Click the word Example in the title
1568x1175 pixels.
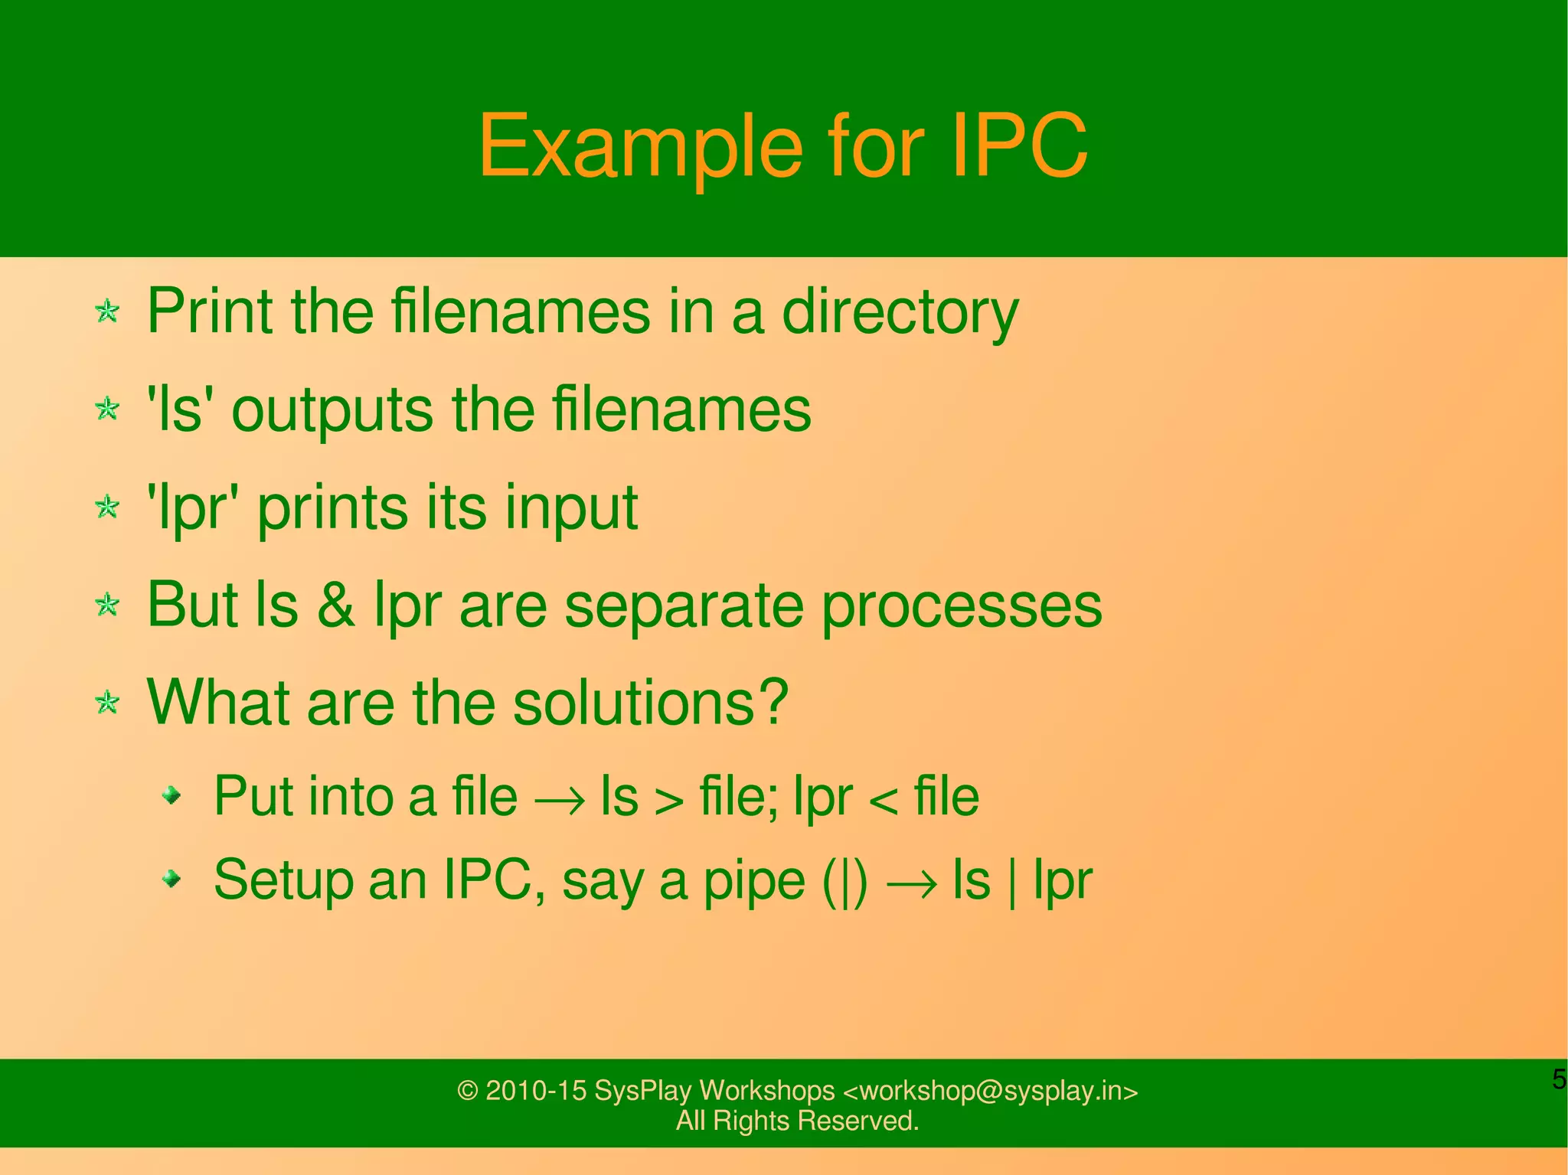(x=640, y=147)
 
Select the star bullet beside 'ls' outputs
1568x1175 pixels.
(x=107, y=409)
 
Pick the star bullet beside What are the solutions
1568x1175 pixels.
(x=107, y=702)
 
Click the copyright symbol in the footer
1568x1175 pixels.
(x=467, y=1091)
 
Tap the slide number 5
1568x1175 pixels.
(x=1559, y=1079)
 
